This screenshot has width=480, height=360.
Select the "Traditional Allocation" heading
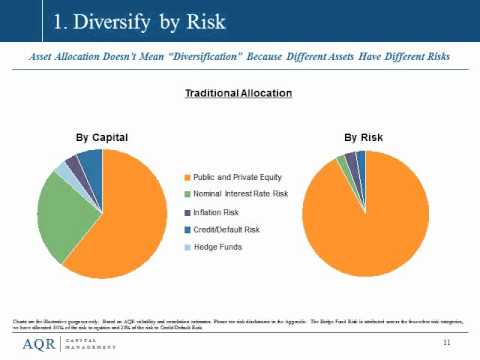[x=238, y=93]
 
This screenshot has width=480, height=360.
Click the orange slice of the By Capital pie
[x=130, y=220]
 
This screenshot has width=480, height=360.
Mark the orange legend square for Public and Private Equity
[x=184, y=176]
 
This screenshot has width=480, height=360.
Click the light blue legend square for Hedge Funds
[x=184, y=245]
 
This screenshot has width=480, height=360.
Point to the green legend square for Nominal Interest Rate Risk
[x=184, y=194]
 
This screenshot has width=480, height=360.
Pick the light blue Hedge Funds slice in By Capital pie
[x=65, y=169]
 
